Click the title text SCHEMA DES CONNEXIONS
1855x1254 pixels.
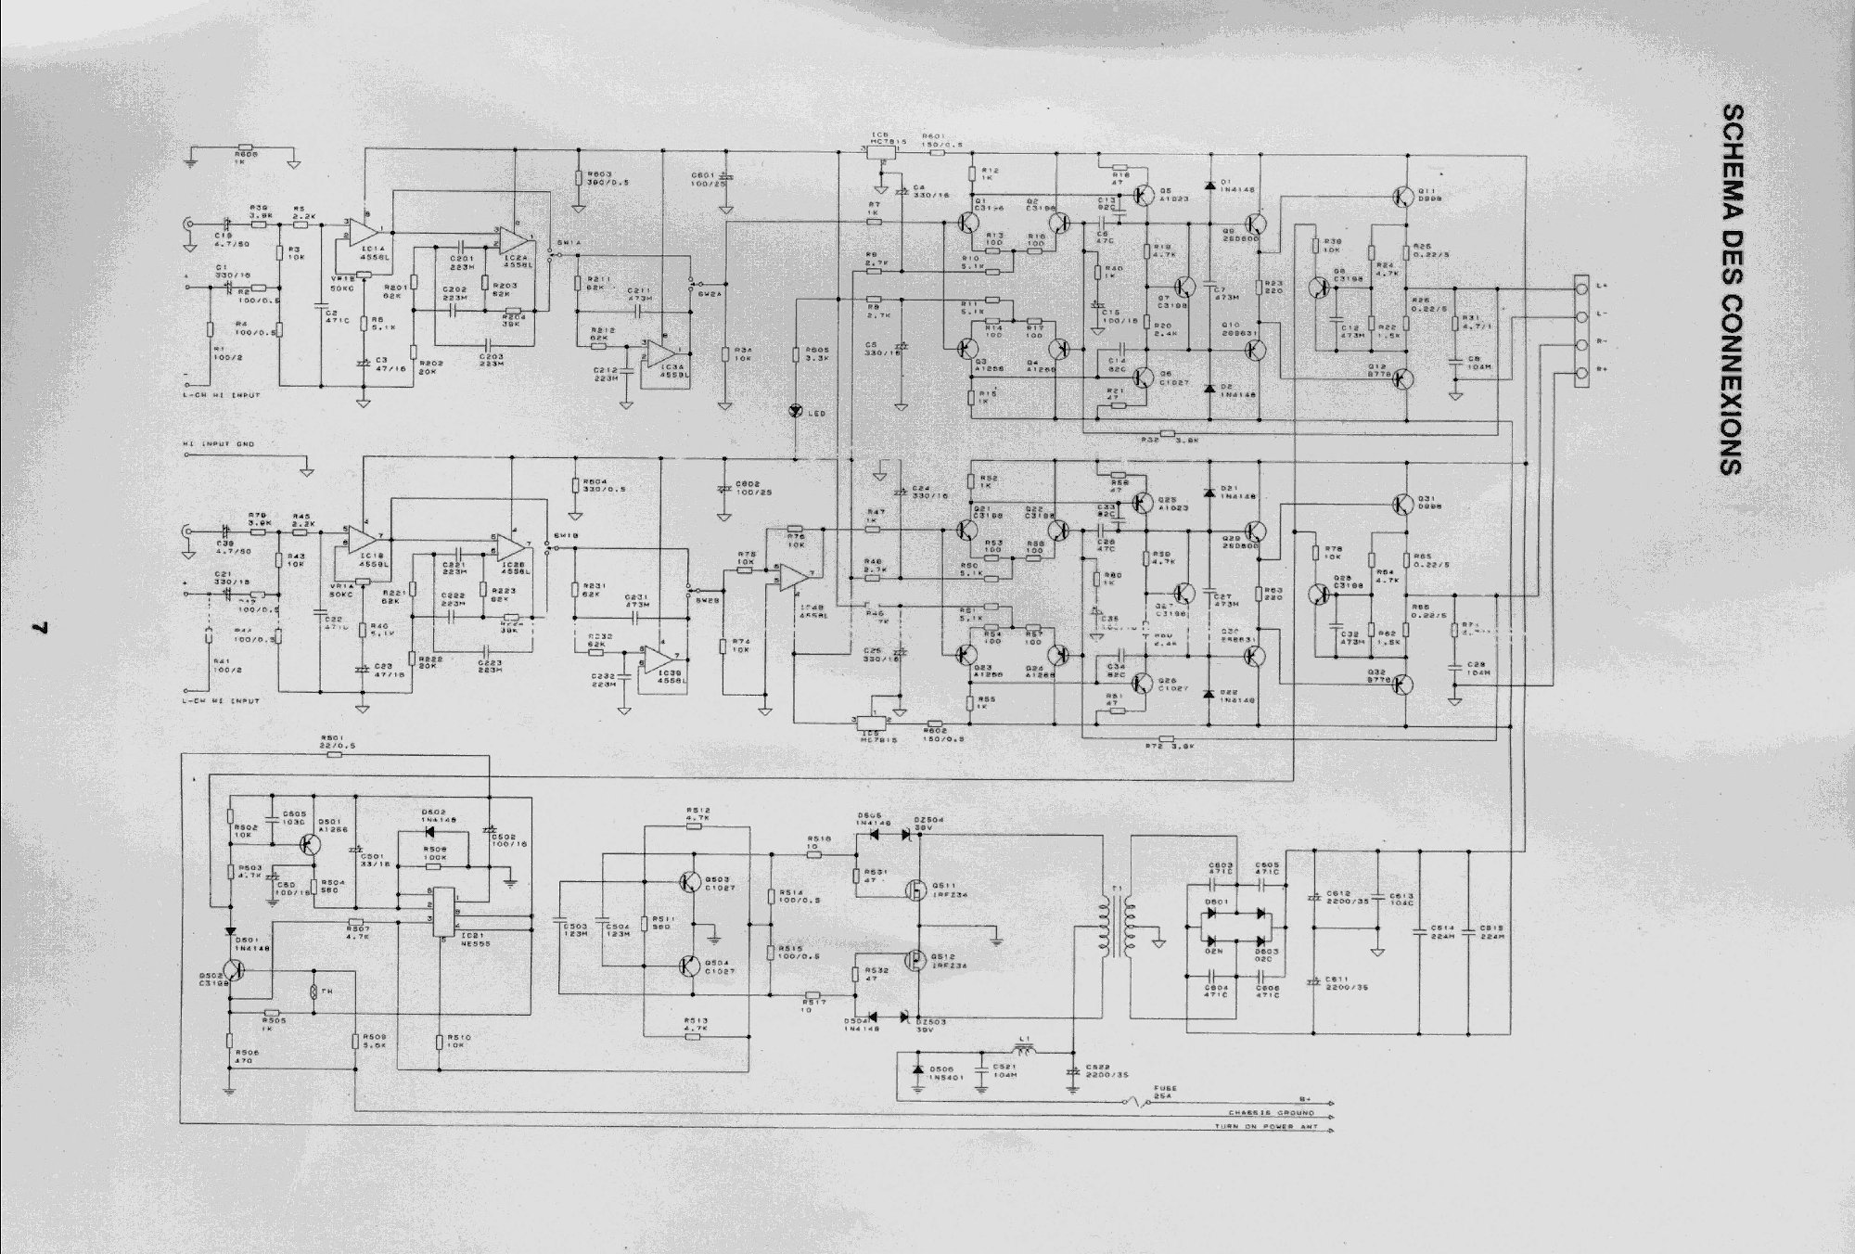(x=1731, y=290)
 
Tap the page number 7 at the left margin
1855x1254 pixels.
(x=40, y=627)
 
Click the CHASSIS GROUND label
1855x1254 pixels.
(x=1272, y=1112)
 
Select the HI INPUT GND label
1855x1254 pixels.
(x=219, y=444)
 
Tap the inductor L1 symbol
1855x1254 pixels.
(x=1024, y=1051)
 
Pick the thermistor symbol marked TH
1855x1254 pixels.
(x=313, y=992)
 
